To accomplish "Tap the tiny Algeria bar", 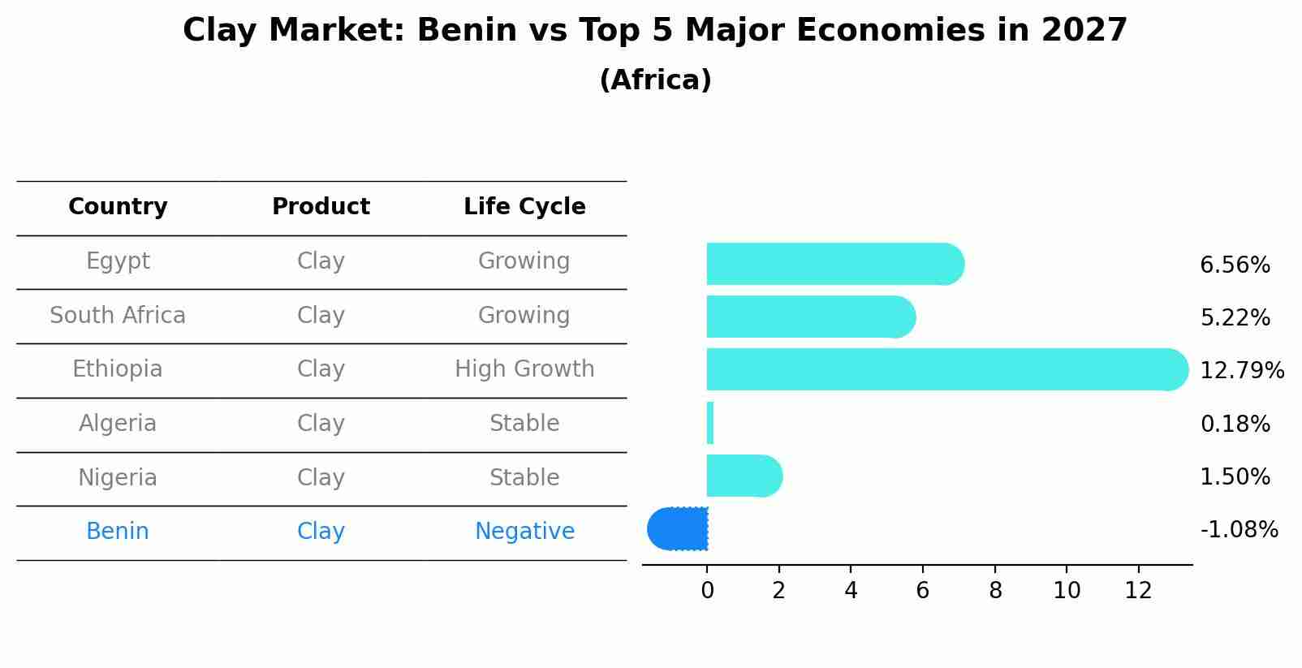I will click(710, 423).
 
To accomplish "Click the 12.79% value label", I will click(1241, 371).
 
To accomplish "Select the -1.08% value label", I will click(1239, 530).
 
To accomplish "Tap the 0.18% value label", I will click(1235, 424).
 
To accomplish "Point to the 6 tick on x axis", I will click(923, 590).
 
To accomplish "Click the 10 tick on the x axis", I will click(1067, 590).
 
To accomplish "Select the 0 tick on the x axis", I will click(707, 590).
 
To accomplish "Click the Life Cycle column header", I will click(524, 207).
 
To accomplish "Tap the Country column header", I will click(118, 207).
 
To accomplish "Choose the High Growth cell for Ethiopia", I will click(524, 369).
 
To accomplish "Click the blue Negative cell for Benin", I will click(524, 532).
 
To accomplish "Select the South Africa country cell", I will click(118, 315).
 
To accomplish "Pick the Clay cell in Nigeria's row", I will click(321, 477).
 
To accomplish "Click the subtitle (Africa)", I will click(655, 80).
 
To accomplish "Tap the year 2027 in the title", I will click(1084, 31).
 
